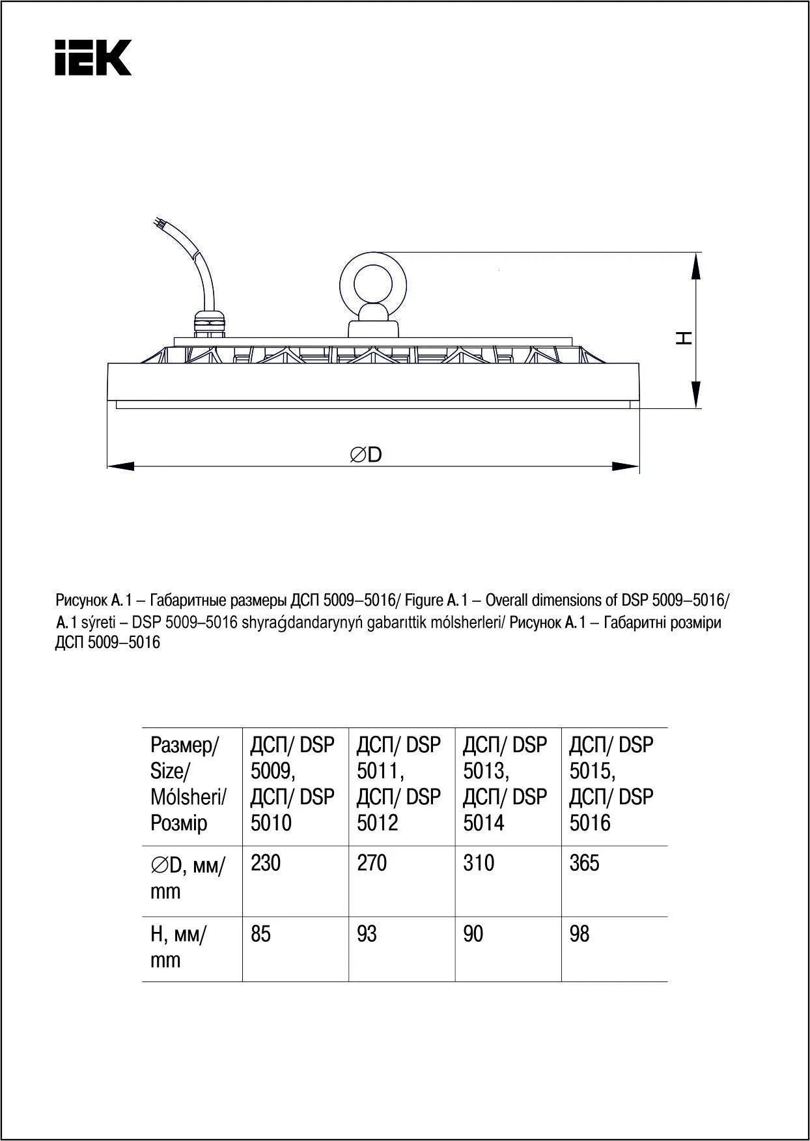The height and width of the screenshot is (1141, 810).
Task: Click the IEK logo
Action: point(93,57)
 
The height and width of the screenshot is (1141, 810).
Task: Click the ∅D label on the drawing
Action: point(366,455)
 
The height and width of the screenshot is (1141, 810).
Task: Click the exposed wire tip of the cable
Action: point(156,223)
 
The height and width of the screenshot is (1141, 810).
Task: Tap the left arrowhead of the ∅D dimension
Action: point(120,466)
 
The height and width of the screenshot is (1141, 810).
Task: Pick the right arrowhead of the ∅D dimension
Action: point(626,466)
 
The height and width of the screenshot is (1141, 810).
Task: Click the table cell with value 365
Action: point(583,863)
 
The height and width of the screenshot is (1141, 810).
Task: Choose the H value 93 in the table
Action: point(367,934)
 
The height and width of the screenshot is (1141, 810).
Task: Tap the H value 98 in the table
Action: point(579,934)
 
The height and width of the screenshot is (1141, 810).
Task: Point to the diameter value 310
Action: point(479,863)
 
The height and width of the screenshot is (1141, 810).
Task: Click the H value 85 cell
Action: point(260,934)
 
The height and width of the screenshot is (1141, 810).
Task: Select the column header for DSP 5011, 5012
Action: point(398,783)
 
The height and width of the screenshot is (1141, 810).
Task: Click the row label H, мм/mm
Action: point(178,947)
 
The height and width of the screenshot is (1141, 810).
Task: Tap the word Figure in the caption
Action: point(424,600)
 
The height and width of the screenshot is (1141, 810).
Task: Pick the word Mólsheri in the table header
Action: point(188,796)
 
